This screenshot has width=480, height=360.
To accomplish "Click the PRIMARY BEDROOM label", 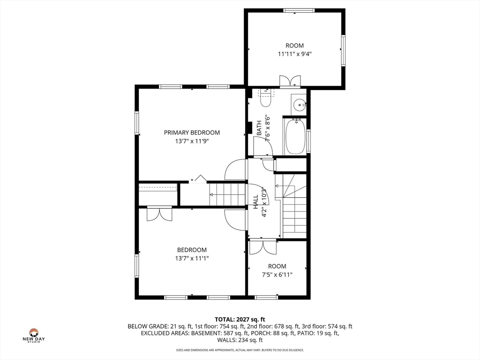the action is (x=192, y=133).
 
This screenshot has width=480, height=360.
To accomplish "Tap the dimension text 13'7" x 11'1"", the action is (x=192, y=258).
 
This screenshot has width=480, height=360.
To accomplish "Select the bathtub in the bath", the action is (x=295, y=136).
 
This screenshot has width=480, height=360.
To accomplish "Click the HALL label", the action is (x=256, y=202).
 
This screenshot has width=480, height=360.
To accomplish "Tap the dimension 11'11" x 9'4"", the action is (x=294, y=54).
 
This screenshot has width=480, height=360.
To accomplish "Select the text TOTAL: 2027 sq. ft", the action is (x=240, y=320).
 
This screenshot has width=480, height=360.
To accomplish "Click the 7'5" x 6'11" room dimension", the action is (x=277, y=275).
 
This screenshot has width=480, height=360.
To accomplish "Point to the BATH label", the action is (x=259, y=128).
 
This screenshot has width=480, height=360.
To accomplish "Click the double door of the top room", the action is (x=290, y=82).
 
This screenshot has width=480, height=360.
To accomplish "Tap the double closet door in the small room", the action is (x=262, y=247).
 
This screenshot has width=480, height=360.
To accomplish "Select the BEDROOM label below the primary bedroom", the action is (x=192, y=250).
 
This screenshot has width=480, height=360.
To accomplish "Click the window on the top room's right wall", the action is (x=343, y=51).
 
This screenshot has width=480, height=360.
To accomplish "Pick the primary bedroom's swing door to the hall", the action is (x=235, y=169).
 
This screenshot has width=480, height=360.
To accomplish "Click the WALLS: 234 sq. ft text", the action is (x=240, y=340).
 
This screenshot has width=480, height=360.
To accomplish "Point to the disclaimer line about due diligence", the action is (x=240, y=350).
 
